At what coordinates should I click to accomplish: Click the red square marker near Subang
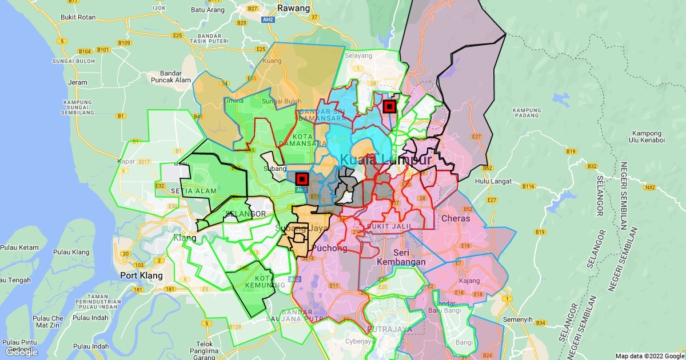[x=302, y=179]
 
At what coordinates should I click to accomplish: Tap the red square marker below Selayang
[x=389, y=106]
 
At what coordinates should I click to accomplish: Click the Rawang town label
[x=293, y=9]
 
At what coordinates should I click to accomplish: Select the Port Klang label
[x=141, y=275]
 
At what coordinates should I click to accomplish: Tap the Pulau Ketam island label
[x=19, y=247]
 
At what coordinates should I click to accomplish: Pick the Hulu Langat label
[x=491, y=182]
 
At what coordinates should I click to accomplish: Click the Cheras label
[x=456, y=218]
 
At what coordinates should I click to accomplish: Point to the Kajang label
[x=468, y=281]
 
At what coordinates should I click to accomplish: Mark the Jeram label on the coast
[x=78, y=82]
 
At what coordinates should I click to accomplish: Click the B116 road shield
[x=528, y=186]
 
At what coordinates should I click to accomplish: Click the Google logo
[x=21, y=352]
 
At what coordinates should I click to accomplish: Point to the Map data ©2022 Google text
[x=649, y=355]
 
